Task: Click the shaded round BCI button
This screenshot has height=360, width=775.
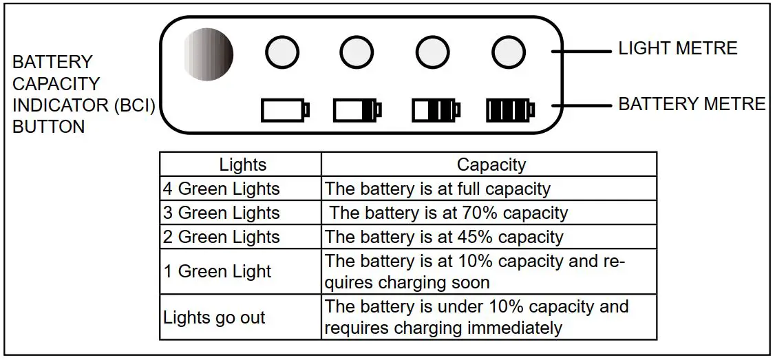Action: (x=209, y=54)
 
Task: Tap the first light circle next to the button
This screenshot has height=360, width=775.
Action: (x=282, y=52)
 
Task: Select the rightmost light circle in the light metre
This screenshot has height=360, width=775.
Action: (x=508, y=52)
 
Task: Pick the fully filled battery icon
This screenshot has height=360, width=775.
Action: (x=510, y=109)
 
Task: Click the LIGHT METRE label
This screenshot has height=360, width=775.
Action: (x=677, y=48)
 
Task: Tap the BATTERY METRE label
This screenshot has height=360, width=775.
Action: (x=692, y=104)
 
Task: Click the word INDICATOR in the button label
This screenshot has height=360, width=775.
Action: (x=60, y=105)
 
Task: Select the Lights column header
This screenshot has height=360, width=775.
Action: (x=242, y=165)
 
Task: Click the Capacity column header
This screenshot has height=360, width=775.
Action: (x=491, y=165)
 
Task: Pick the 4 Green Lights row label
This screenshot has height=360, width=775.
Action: (x=222, y=189)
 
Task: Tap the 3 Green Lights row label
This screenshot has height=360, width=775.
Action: (x=222, y=213)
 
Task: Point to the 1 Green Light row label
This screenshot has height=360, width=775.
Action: (x=217, y=271)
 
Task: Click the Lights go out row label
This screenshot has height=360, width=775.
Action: (x=214, y=318)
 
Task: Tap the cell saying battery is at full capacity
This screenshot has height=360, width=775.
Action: (x=438, y=189)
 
